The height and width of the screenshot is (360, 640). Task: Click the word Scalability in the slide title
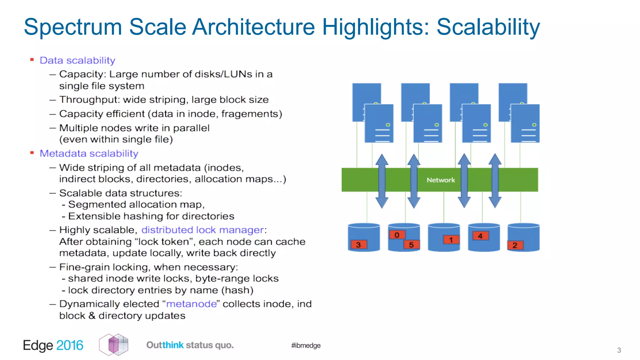click(488, 27)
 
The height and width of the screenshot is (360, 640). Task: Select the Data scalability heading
click(77, 60)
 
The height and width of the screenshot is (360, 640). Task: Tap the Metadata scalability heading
click(89, 153)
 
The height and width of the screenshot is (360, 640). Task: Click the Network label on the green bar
click(441, 180)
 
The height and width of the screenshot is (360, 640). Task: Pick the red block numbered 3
click(358, 245)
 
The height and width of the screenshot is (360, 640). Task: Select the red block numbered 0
click(397, 235)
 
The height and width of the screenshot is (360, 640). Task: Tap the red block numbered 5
click(411, 245)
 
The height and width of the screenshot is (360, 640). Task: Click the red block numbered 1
click(451, 240)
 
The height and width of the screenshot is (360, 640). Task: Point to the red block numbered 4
click(480, 236)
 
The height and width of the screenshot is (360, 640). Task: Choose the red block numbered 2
click(515, 245)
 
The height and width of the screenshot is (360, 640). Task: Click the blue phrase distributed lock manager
click(203, 230)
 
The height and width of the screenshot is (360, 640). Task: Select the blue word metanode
click(191, 304)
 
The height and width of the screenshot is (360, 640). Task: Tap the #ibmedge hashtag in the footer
click(306, 345)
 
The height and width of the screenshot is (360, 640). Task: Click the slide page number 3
click(619, 350)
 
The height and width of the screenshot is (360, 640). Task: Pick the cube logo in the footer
click(114, 345)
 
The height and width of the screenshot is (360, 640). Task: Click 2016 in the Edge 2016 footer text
click(70, 345)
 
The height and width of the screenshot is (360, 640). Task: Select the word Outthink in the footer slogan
click(165, 345)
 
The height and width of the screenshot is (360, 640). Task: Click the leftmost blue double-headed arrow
click(382, 181)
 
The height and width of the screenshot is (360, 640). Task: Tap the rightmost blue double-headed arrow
click(495, 181)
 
